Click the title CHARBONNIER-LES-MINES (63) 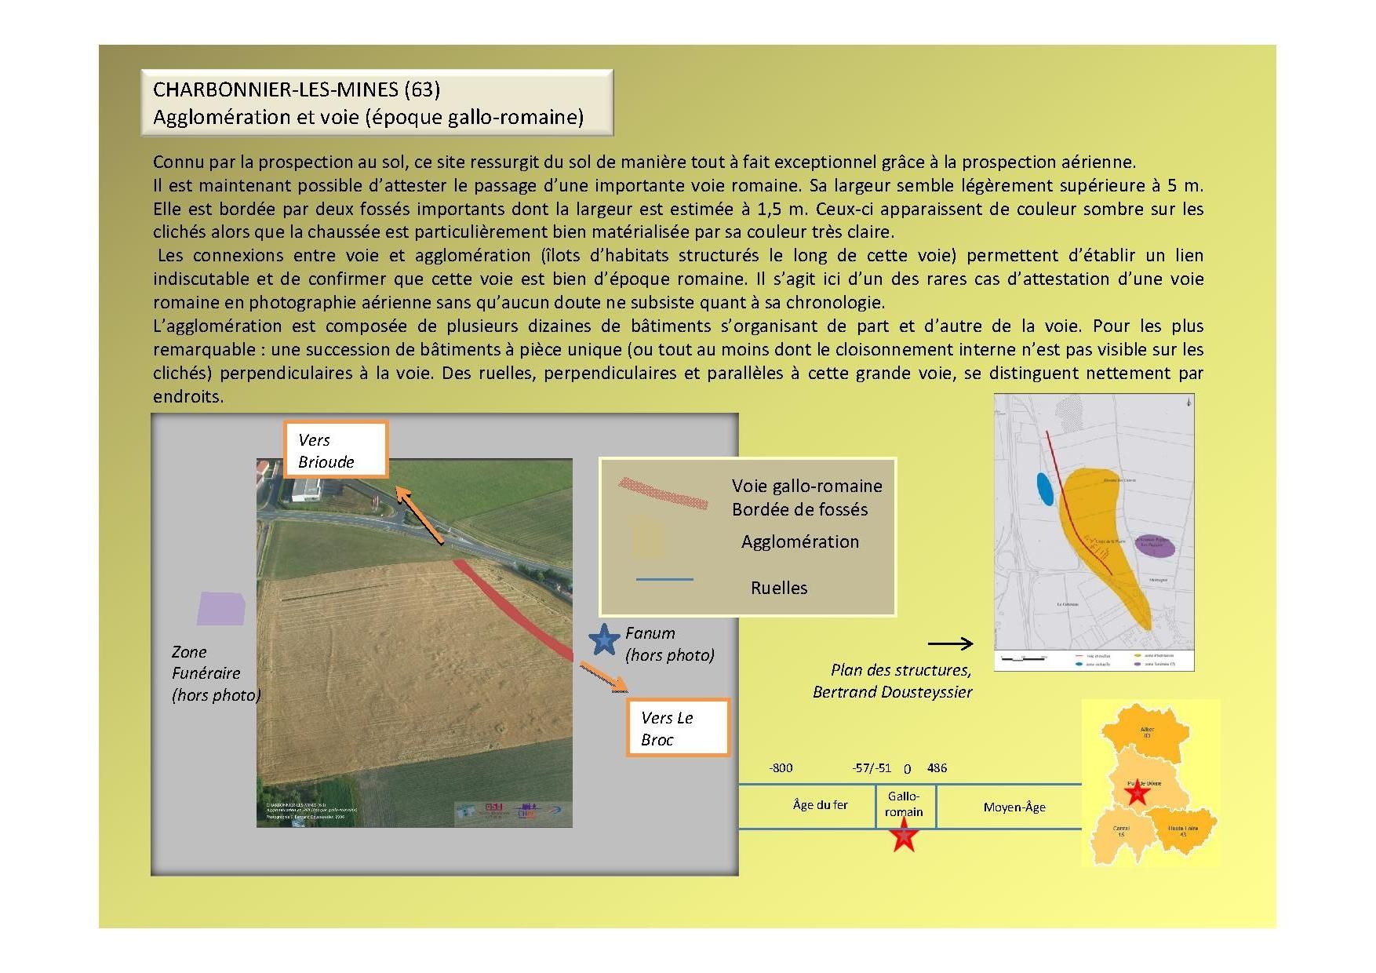tap(297, 89)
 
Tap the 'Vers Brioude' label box tap(335, 450)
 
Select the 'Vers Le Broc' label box tap(677, 728)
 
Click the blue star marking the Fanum tap(604, 640)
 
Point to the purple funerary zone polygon tap(220, 608)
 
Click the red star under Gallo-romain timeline tap(905, 836)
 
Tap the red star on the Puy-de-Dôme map tap(1137, 793)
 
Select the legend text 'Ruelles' tap(778, 588)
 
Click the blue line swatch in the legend tap(664, 579)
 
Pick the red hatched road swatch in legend tap(664, 491)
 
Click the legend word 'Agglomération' tap(799, 541)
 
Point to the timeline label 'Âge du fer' tap(820, 805)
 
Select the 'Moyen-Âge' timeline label tap(1014, 807)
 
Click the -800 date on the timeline tap(781, 768)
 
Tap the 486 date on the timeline tap(937, 768)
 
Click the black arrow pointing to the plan tap(950, 644)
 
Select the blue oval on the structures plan tap(1045, 490)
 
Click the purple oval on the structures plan tap(1155, 546)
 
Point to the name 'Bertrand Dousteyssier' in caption tap(892, 692)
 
